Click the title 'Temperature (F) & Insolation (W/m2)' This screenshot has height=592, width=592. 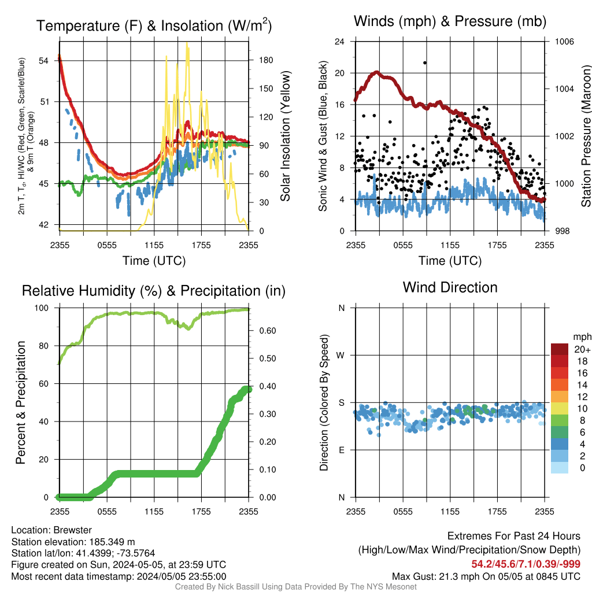point(154,25)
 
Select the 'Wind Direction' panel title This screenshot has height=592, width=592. point(450,287)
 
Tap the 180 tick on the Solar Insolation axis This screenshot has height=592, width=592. point(266,60)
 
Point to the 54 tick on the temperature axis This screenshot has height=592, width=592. point(43,61)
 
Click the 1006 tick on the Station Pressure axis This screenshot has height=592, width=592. point(564,42)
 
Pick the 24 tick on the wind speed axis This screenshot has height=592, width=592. point(339,42)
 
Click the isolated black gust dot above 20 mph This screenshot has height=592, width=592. point(425,62)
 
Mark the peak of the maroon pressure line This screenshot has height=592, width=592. point(376,72)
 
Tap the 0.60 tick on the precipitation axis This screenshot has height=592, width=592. point(268,331)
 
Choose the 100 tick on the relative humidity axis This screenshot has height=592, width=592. point(42,308)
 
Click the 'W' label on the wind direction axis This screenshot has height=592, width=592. point(340,356)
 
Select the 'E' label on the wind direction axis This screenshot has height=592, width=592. point(341,450)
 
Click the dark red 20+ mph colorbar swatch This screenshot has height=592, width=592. point(560,349)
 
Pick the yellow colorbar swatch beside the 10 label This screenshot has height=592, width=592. point(560,409)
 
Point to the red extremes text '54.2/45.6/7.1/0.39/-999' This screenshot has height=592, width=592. point(526,564)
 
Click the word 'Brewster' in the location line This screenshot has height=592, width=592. point(72,530)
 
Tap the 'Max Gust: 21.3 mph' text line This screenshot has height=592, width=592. point(486,576)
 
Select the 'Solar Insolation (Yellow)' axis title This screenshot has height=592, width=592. point(286,136)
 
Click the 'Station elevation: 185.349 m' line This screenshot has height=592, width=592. point(73,542)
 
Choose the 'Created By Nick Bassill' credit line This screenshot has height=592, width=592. point(295,587)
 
